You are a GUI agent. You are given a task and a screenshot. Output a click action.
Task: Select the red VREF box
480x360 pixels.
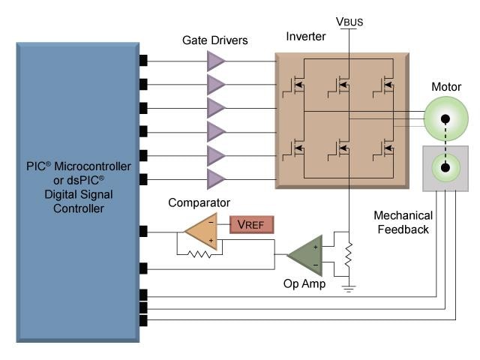tap(251, 223)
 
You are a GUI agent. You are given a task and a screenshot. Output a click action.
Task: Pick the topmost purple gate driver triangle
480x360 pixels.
tap(216, 60)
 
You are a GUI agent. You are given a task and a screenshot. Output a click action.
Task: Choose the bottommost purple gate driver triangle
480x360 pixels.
tap(216, 178)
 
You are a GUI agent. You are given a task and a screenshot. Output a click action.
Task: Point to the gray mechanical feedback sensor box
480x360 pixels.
tap(445, 168)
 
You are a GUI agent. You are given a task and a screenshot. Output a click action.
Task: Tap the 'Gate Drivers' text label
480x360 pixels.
tap(216, 40)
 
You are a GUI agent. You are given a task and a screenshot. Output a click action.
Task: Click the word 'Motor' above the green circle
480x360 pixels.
tap(445, 86)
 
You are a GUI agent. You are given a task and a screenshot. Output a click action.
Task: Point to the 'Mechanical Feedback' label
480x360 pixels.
tap(401, 222)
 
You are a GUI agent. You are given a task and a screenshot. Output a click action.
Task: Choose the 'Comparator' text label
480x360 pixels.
tap(199, 202)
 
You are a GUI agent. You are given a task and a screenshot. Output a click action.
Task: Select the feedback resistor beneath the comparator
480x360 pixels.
tap(200, 253)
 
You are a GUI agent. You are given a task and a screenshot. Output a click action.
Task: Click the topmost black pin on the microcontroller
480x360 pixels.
tap(143, 60)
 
